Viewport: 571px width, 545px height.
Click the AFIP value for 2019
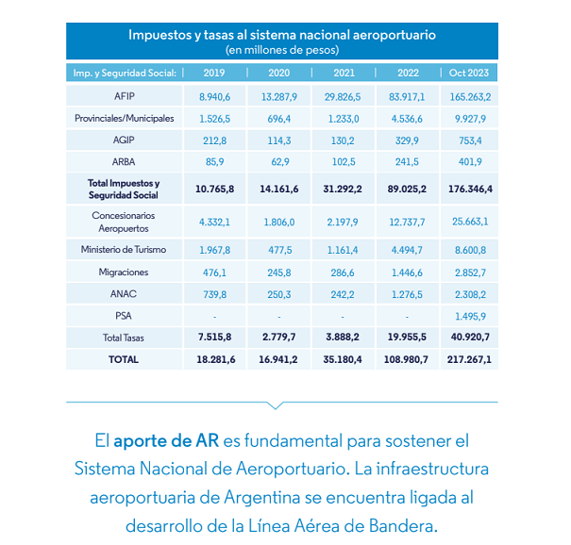pyautogui.click(x=214, y=97)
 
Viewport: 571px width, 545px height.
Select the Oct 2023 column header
pyautogui.click(x=469, y=73)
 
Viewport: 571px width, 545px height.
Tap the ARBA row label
pyautogui.click(x=124, y=162)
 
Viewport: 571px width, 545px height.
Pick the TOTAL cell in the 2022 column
pyautogui.click(x=406, y=359)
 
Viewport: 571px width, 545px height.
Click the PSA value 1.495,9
pyautogui.click(x=470, y=316)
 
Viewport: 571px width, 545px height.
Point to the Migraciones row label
pyautogui.click(x=124, y=272)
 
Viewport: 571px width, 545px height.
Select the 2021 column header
pyautogui.click(x=344, y=73)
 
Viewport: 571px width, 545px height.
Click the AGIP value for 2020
pyautogui.click(x=279, y=140)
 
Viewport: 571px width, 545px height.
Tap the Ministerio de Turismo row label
pyautogui.click(x=124, y=250)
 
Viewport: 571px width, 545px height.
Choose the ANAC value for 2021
pyautogui.click(x=343, y=294)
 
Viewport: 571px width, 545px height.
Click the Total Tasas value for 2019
pyautogui.click(x=214, y=337)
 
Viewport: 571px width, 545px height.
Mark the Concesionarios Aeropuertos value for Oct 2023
pyautogui.click(x=470, y=222)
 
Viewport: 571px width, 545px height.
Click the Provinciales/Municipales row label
pyautogui.click(x=125, y=119)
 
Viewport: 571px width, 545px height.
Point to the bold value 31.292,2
pyautogui.click(x=343, y=189)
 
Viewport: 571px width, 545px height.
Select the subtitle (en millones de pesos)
pyautogui.click(x=282, y=50)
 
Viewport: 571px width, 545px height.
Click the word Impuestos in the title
pyautogui.click(x=160, y=35)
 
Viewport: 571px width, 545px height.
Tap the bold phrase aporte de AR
pyautogui.click(x=166, y=441)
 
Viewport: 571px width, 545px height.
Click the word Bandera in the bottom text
pyautogui.click(x=403, y=525)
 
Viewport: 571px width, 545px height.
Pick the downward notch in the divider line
pyautogui.click(x=276, y=405)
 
